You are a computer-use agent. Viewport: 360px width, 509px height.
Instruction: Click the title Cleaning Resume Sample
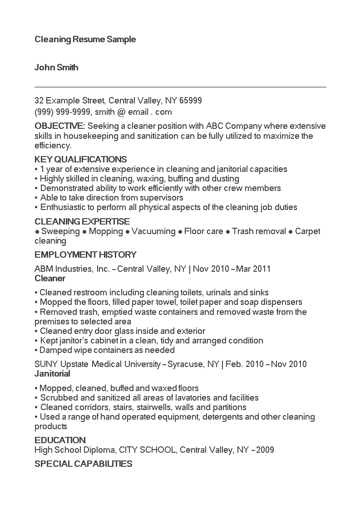point(85,39)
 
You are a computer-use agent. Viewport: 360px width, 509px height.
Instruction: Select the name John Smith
point(56,68)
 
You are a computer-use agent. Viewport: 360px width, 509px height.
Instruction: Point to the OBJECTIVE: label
point(59,126)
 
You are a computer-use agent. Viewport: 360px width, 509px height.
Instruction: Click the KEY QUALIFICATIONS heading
point(80,159)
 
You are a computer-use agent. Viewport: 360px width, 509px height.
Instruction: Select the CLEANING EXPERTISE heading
point(82,221)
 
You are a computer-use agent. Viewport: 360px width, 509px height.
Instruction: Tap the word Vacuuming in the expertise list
point(153,231)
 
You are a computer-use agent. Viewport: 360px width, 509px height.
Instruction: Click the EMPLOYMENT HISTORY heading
point(85,254)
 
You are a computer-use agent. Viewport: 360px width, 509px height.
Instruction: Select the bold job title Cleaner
point(50,278)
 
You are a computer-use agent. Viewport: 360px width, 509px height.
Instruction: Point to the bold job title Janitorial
point(52,374)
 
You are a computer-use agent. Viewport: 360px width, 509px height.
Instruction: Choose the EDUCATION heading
point(60,440)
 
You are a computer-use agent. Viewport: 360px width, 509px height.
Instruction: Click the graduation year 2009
point(265,450)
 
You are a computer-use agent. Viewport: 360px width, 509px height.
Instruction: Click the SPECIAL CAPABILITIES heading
point(84,464)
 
